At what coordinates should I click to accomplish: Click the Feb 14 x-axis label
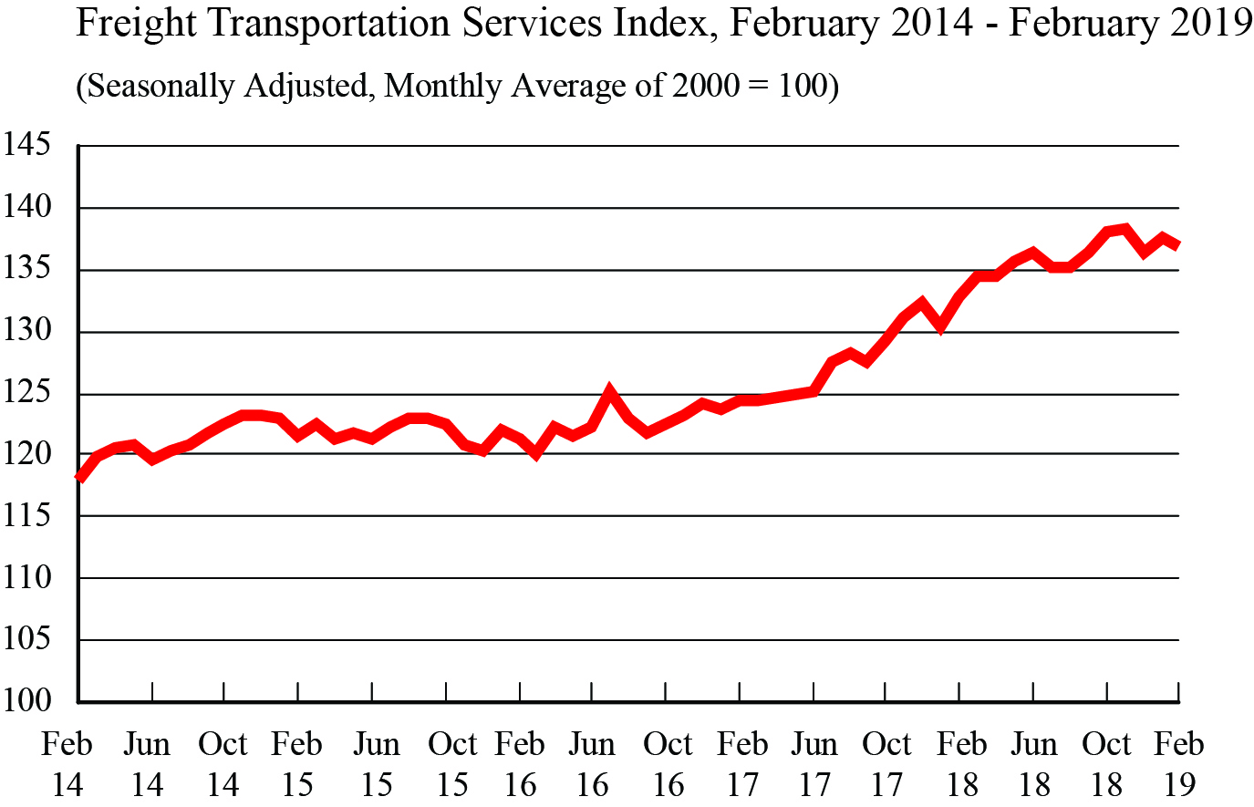pyautogui.click(x=67, y=764)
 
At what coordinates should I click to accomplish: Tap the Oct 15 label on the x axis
pyautogui.click(x=452, y=764)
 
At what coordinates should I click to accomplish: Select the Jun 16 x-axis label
pyautogui.click(x=593, y=764)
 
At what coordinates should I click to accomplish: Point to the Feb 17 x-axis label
pyautogui.click(x=742, y=764)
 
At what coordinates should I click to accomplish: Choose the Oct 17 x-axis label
pyautogui.click(x=886, y=764)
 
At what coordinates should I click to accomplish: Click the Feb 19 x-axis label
pyautogui.click(x=1178, y=764)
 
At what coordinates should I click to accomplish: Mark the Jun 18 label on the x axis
pyautogui.click(x=1034, y=764)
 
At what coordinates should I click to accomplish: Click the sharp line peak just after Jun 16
pyautogui.click(x=610, y=392)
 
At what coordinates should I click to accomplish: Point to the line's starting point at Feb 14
pyautogui.click(x=80, y=477)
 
